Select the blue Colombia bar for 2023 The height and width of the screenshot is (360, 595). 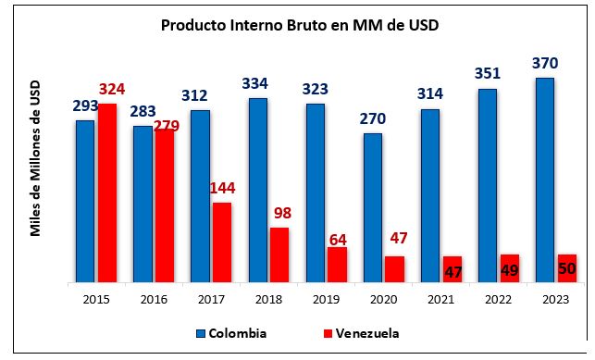(x=544, y=180)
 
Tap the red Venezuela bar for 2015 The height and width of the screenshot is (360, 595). (x=107, y=192)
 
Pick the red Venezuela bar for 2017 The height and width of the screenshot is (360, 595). (x=222, y=242)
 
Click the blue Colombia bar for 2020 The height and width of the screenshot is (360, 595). (x=372, y=208)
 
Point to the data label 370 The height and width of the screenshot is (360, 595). (x=544, y=63)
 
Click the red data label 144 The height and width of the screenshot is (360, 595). (x=222, y=188)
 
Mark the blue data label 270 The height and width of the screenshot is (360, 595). (x=372, y=118)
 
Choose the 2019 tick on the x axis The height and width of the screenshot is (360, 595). (x=326, y=299)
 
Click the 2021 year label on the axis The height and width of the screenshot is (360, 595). (x=440, y=299)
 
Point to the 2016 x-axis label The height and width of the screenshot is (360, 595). (x=154, y=299)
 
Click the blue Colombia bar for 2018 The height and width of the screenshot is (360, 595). (x=257, y=190)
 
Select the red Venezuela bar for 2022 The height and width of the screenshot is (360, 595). (x=509, y=268)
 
